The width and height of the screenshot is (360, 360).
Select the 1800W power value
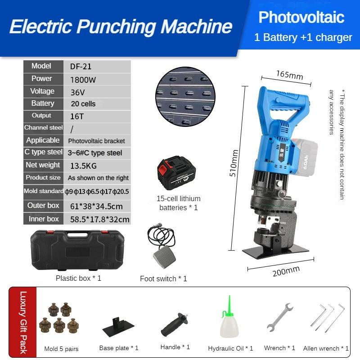[83, 80]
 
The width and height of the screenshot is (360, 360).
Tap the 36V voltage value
[77, 92]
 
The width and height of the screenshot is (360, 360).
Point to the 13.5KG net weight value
[83, 166]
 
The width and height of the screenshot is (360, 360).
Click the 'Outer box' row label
[43, 206]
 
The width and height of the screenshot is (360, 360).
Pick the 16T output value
[77, 116]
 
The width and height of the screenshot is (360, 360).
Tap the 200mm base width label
[286, 271]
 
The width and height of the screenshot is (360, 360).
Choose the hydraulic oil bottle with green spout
[229, 320]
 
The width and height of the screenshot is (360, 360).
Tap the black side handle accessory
[176, 324]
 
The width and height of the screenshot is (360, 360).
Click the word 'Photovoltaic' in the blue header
[301, 17]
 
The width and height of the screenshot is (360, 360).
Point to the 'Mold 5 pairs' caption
[61, 349]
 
